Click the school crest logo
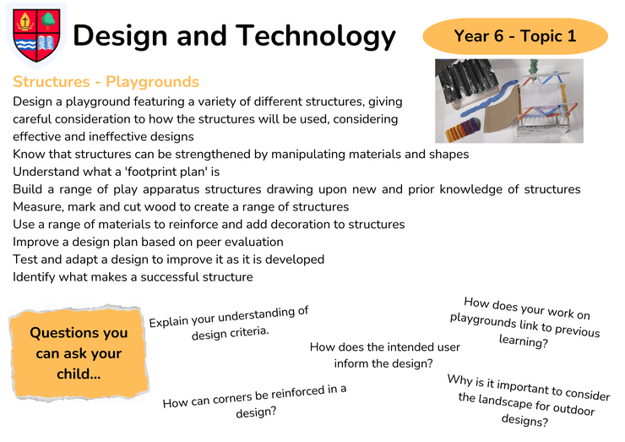coord(36,35)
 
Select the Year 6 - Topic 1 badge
coord(515,35)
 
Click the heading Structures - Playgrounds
coord(106,82)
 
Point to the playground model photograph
coord(509,101)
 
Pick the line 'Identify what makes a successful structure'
coord(133,277)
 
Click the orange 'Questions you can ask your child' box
coord(79,353)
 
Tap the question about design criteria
coord(229,323)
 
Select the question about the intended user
coord(384,355)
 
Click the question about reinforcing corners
coord(255,401)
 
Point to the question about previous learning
coord(524,322)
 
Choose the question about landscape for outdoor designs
coord(527,400)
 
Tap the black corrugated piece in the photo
coord(465,80)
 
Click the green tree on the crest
coord(48,20)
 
